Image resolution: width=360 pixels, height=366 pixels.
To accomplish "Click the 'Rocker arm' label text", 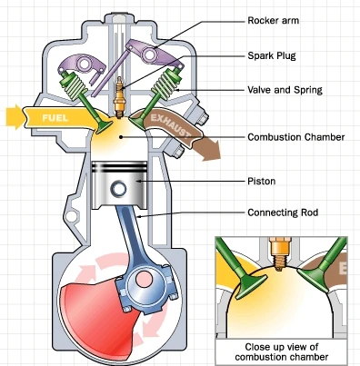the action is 273,21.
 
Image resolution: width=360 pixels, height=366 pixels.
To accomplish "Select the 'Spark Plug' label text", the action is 272,55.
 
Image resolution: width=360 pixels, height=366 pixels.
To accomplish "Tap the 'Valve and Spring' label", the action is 285,90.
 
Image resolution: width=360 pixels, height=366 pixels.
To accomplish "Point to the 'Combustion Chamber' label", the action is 296,137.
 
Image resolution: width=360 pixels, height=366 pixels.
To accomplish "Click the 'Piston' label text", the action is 262,182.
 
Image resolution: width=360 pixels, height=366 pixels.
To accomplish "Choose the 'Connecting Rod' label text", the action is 283,213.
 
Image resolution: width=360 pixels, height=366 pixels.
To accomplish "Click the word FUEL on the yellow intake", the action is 55,118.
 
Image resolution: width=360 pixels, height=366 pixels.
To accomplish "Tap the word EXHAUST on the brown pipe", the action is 171,125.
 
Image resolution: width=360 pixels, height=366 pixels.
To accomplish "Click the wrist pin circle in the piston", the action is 118,189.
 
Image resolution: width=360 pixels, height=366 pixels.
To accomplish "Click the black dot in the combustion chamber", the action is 121,137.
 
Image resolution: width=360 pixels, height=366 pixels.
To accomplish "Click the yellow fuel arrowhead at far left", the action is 15,116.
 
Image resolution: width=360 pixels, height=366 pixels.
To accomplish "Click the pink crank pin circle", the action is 144,280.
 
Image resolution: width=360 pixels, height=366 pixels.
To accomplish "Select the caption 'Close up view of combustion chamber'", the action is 282,351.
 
